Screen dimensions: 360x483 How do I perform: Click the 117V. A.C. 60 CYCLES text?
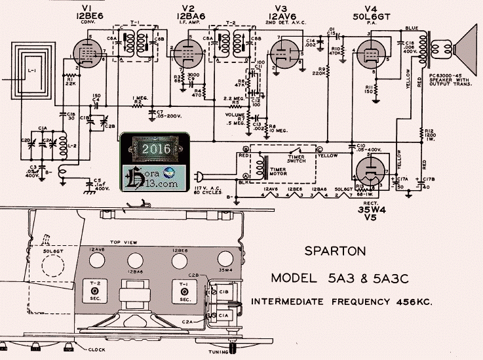pos(214,187)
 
